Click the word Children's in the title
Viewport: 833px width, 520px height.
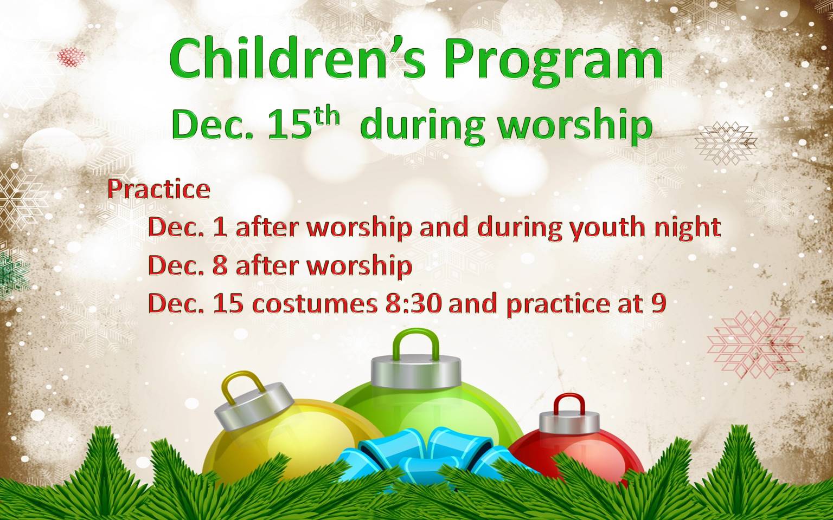pos(297,59)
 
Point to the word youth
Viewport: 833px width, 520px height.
pos(610,228)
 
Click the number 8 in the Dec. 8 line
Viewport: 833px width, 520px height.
pos(221,265)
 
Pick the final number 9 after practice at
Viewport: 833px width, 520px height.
pos(658,304)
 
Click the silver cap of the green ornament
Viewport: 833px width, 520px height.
pos(416,372)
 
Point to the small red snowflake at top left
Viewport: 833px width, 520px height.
pos(71,57)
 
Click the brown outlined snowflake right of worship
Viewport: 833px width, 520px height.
pos(726,144)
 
